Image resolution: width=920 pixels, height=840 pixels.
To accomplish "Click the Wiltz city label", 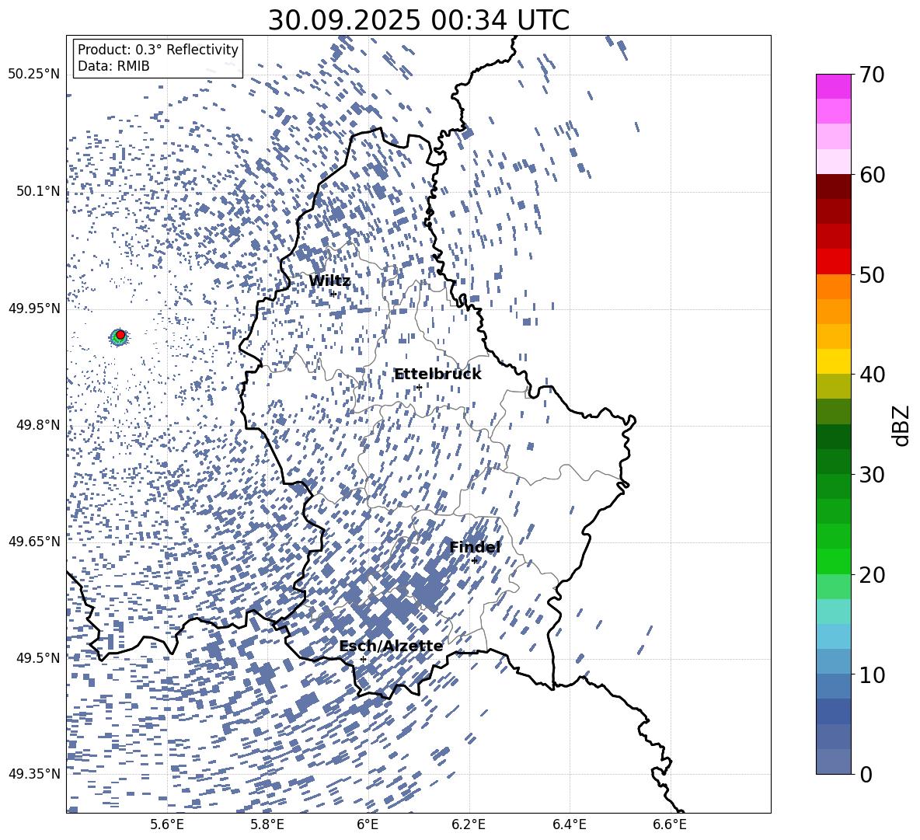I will click(x=329, y=281).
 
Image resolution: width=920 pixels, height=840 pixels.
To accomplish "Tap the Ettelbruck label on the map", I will click(x=437, y=375).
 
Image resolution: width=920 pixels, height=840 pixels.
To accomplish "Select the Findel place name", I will click(x=475, y=548).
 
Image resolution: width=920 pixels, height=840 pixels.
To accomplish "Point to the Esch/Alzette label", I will click(x=391, y=647).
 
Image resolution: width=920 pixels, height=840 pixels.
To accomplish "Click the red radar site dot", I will click(x=120, y=334).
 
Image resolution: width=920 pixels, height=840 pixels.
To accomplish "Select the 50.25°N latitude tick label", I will click(x=34, y=75).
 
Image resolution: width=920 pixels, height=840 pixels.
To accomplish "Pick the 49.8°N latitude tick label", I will click(x=34, y=425).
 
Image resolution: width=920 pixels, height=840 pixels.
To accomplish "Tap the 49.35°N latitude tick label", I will click(x=34, y=774).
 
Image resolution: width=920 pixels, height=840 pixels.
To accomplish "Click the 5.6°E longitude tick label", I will click(x=167, y=824).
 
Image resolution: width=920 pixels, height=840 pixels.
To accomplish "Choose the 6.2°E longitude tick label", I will click(x=469, y=824).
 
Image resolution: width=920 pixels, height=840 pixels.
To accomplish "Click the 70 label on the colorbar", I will click(x=873, y=75).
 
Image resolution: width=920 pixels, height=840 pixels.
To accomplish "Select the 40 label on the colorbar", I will click(x=873, y=375).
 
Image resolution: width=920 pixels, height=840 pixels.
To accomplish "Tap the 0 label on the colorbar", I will click(x=866, y=775).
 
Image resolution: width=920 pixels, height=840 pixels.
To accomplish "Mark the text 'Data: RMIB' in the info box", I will click(x=113, y=66).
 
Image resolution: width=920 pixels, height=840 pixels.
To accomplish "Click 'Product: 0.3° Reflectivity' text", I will click(x=158, y=50).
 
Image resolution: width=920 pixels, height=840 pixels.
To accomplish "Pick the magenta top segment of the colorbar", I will click(x=834, y=85).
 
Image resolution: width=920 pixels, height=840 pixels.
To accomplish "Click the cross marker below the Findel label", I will click(x=475, y=560).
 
